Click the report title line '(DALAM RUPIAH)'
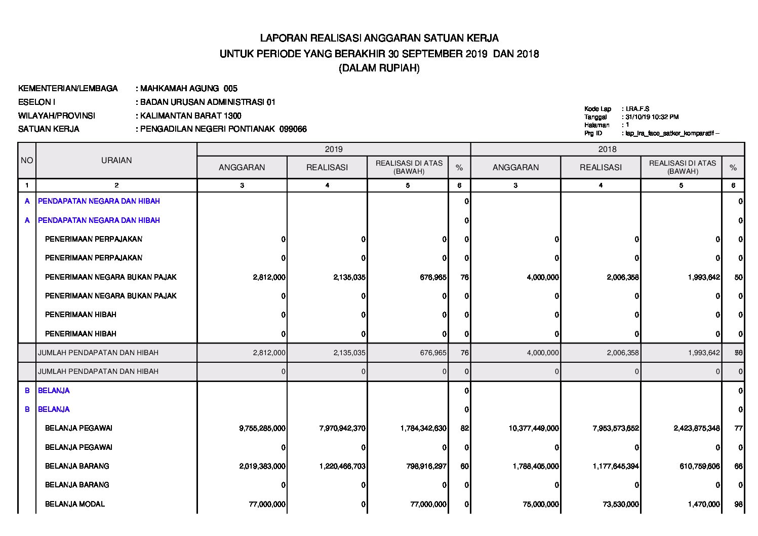point(379,68)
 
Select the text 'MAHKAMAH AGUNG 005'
point(188,89)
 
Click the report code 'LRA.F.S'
point(637,109)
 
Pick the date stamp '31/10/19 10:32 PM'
point(652,117)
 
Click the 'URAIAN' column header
point(116,161)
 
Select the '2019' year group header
point(333,149)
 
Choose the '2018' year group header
point(607,149)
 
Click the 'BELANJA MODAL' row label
point(75,504)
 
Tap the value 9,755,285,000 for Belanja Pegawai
point(262,429)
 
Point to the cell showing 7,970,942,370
point(342,429)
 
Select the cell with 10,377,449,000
point(534,429)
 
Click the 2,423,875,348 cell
point(697,429)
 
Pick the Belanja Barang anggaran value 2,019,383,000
point(262,466)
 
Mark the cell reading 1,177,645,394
point(616,466)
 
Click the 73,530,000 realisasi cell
point(621,504)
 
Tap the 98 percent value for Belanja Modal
point(738,504)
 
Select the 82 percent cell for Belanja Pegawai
point(465,429)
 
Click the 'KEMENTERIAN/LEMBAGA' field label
point(68,89)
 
